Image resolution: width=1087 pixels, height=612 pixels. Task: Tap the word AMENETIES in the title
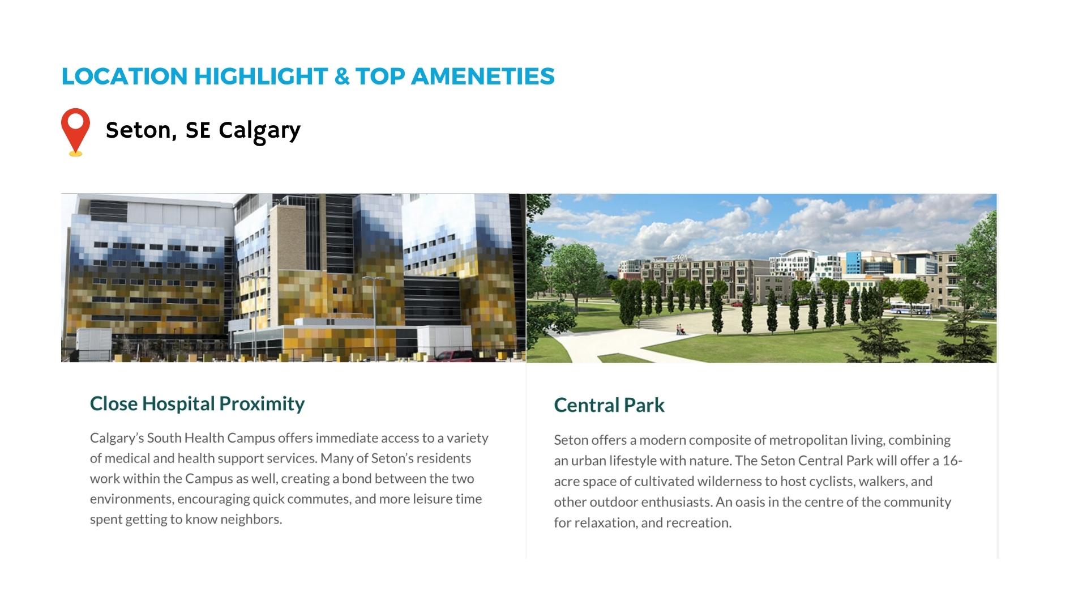(x=482, y=76)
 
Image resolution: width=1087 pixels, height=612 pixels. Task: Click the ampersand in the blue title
(x=342, y=76)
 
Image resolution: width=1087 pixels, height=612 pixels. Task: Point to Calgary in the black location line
(x=259, y=131)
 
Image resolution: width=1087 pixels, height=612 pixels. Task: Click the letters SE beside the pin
(x=198, y=130)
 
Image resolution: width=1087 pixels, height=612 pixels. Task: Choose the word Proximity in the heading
(x=262, y=404)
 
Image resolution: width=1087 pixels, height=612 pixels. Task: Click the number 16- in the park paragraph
(x=952, y=461)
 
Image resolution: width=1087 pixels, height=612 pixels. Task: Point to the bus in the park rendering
(x=911, y=309)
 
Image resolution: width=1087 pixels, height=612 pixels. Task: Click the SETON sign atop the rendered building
(x=679, y=258)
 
